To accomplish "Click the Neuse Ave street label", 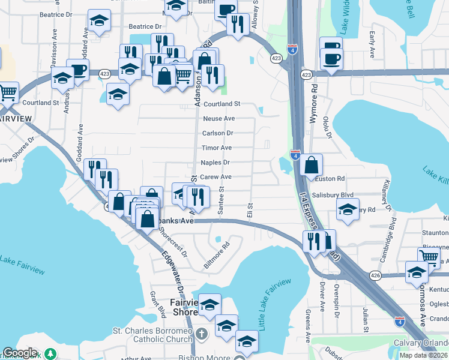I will click(x=218, y=119).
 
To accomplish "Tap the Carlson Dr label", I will click(x=217, y=133).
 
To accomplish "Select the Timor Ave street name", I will click(x=217, y=148).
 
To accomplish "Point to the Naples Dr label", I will click(x=215, y=163).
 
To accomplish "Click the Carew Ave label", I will click(x=215, y=177).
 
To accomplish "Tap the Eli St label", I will click(x=249, y=211).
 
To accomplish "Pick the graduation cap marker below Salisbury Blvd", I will click(x=348, y=209).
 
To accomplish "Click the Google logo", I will click(x=20, y=353).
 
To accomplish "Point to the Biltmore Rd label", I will click(x=217, y=255).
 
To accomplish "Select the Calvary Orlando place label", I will click(x=421, y=343).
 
